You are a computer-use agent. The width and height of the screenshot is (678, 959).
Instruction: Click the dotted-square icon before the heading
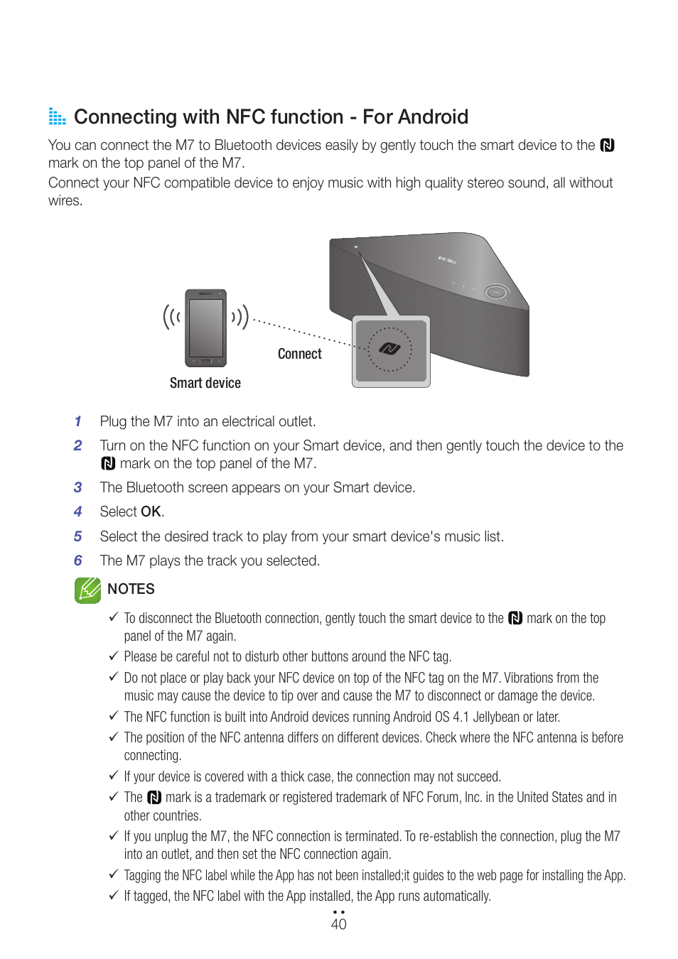(57, 117)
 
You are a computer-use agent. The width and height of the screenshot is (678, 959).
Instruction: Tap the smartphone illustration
(205, 327)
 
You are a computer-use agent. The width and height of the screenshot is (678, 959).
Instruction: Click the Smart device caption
(205, 383)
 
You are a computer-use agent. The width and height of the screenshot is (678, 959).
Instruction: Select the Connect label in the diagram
(299, 354)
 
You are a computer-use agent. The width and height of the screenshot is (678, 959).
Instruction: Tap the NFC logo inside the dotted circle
(389, 348)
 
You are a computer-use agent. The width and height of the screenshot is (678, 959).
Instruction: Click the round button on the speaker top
(495, 292)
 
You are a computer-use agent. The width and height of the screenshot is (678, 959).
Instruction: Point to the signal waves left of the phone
(171, 317)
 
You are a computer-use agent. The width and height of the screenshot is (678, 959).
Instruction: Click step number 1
(78, 421)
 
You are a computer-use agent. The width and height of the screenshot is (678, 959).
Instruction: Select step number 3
(78, 487)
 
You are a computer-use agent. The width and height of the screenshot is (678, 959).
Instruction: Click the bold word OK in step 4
(151, 511)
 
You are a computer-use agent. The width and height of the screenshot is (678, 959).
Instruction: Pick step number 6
(78, 560)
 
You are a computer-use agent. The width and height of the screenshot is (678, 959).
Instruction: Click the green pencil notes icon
(87, 590)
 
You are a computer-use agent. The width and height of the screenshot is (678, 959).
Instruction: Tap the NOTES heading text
(131, 589)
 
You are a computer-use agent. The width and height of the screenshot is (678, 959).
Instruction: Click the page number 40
(338, 923)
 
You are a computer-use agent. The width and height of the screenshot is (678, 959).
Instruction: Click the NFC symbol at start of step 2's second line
(108, 464)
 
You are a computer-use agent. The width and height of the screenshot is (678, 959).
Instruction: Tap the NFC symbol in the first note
(515, 619)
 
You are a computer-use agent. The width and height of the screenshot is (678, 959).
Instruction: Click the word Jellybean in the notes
(496, 717)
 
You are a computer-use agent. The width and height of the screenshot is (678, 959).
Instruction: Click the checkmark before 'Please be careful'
(114, 656)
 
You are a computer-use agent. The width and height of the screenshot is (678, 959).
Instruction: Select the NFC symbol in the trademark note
(154, 798)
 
